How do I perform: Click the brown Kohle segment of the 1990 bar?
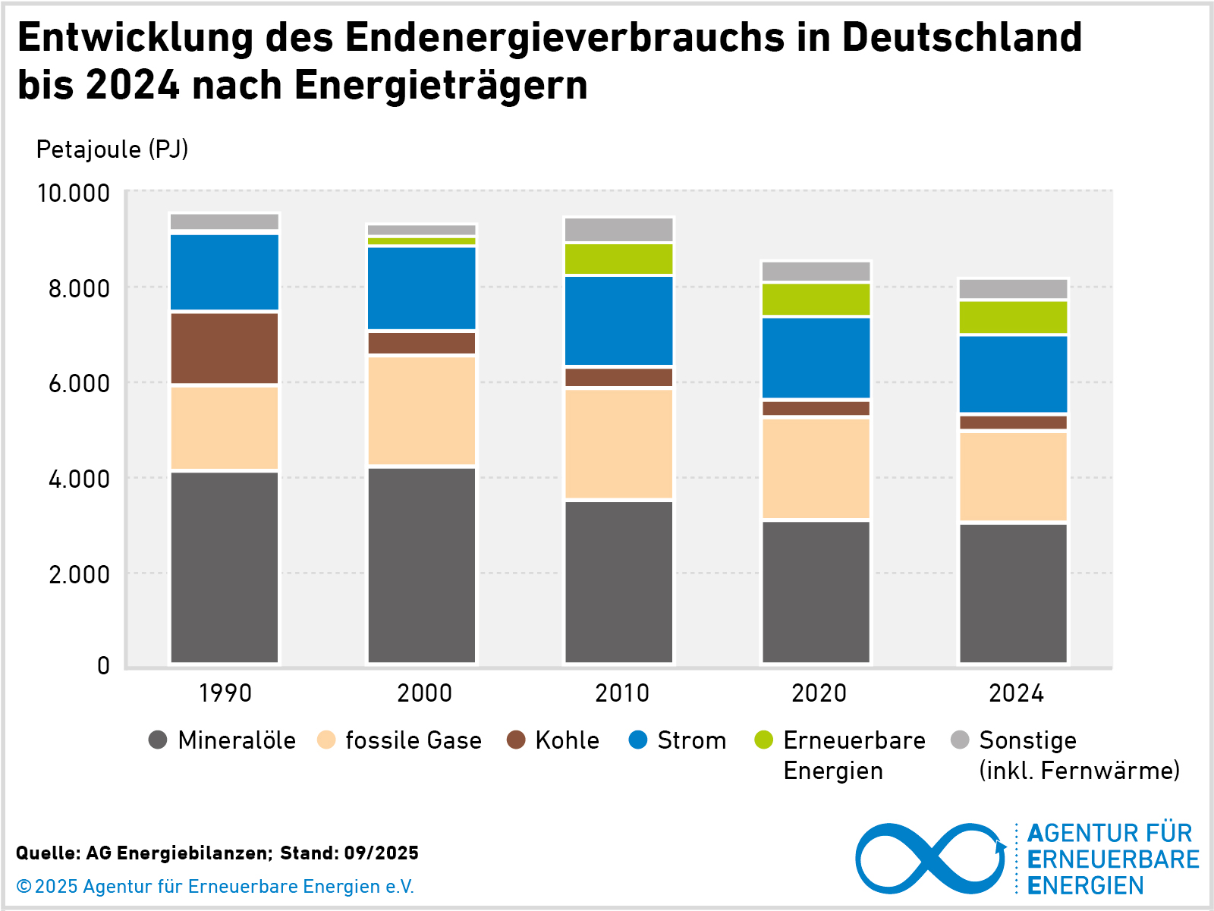click(225, 348)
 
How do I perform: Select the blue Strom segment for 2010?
click(619, 321)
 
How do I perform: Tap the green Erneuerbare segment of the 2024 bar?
click(1013, 317)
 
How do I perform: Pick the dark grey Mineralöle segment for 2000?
click(422, 565)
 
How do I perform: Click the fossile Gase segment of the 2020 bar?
click(816, 468)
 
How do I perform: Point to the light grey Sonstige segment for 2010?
click(619, 230)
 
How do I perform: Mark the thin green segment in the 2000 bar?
click(422, 241)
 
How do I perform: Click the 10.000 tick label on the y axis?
click(74, 193)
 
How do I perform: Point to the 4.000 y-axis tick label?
click(79, 479)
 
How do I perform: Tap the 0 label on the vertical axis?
click(103, 666)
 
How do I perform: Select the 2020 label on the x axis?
click(819, 693)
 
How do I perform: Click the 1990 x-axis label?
click(225, 693)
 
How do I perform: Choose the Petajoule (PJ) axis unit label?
click(112, 149)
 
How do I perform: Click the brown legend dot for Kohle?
click(516, 740)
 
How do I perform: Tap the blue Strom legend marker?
click(638, 740)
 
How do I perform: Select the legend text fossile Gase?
click(414, 740)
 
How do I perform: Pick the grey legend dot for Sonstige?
click(960, 740)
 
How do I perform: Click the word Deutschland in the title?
click(961, 38)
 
